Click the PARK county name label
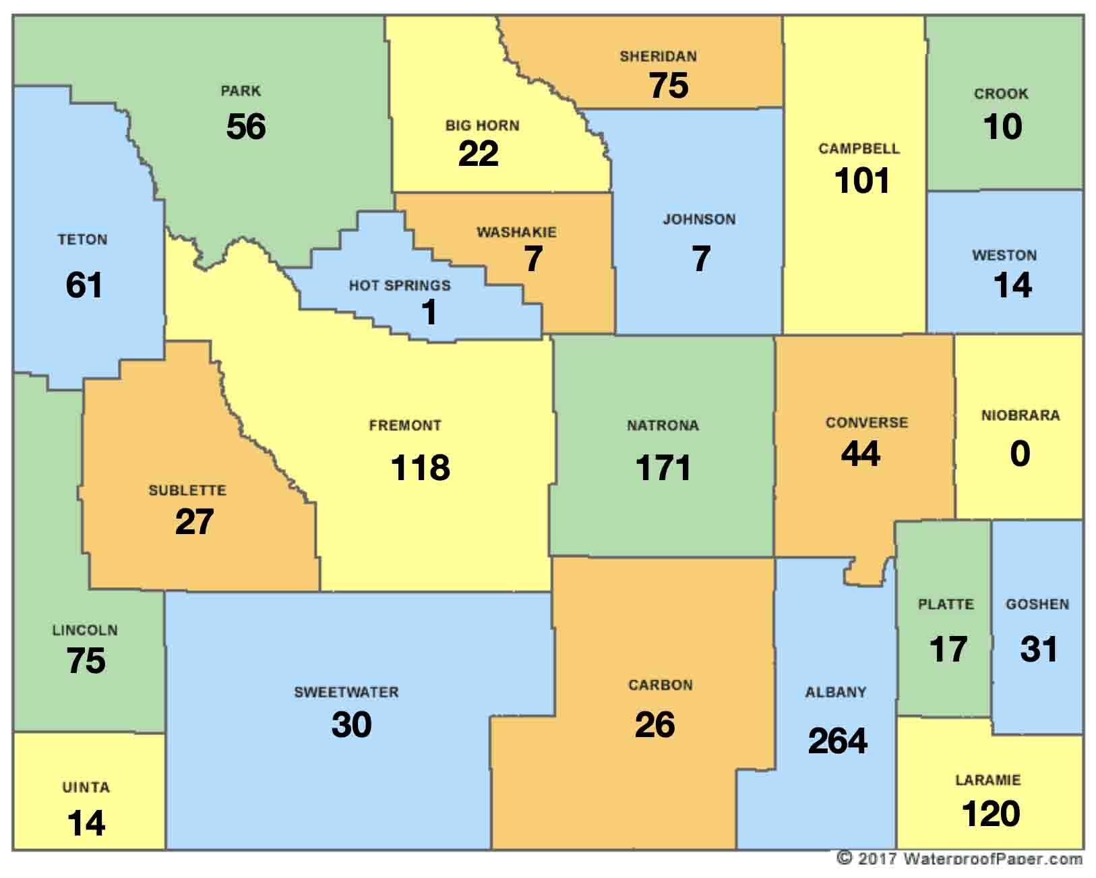click(x=241, y=90)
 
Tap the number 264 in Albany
click(x=838, y=741)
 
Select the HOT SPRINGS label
click(x=400, y=286)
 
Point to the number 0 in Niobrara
click(x=1020, y=454)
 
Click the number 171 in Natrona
click(x=663, y=468)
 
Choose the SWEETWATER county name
click(x=346, y=693)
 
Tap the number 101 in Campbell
click(x=862, y=181)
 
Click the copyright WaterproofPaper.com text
click(x=960, y=858)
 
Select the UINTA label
click(x=86, y=787)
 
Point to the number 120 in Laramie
click(x=991, y=814)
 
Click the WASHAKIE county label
click(x=517, y=233)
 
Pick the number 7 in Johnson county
click(x=701, y=259)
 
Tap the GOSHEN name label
click(x=1037, y=604)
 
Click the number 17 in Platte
click(x=948, y=649)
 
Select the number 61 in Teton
click(x=84, y=285)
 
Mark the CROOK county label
click(x=1001, y=94)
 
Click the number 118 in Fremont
click(x=421, y=468)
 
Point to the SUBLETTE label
click(x=187, y=490)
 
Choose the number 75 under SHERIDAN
click(x=669, y=86)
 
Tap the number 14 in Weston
click(x=1012, y=285)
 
